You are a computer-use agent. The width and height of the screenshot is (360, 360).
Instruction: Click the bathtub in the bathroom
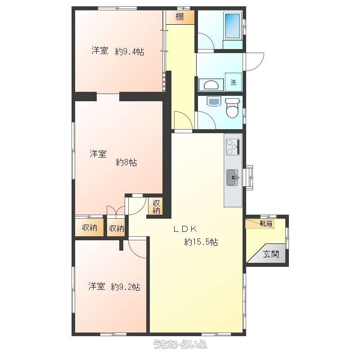click(232, 26)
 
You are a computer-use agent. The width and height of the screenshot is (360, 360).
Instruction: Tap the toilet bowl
click(232, 108)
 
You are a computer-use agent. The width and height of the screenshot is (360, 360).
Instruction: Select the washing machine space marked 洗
click(233, 82)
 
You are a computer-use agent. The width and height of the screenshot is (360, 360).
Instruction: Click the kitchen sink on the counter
click(233, 177)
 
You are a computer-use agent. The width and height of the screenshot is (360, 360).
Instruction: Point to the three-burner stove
click(233, 147)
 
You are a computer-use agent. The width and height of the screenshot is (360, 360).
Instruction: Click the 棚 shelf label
click(180, 17)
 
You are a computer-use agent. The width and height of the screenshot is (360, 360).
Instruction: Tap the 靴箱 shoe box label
click(266, 223)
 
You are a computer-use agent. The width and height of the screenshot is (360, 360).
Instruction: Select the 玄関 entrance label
click(271, 254)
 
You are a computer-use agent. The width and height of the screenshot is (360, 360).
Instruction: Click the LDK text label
click(185, 229)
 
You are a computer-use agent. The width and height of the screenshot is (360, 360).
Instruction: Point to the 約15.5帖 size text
click(201, 242)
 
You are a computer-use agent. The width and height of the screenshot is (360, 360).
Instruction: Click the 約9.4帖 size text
click(130, 52)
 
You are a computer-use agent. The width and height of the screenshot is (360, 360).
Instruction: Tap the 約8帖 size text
click(126, 162)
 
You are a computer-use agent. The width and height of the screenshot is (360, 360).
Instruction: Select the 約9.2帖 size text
click(126, 287)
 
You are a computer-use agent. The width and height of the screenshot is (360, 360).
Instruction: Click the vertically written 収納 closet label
click(156, 207)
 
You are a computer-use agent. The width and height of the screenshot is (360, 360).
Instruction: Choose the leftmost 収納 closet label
click(90, 228)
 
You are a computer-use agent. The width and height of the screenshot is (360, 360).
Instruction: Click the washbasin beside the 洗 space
click(211, 85)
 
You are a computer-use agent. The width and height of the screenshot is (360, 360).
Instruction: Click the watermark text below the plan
click(180, 344)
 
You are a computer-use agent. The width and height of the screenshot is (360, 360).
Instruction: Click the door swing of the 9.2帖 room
click(137, 249)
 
